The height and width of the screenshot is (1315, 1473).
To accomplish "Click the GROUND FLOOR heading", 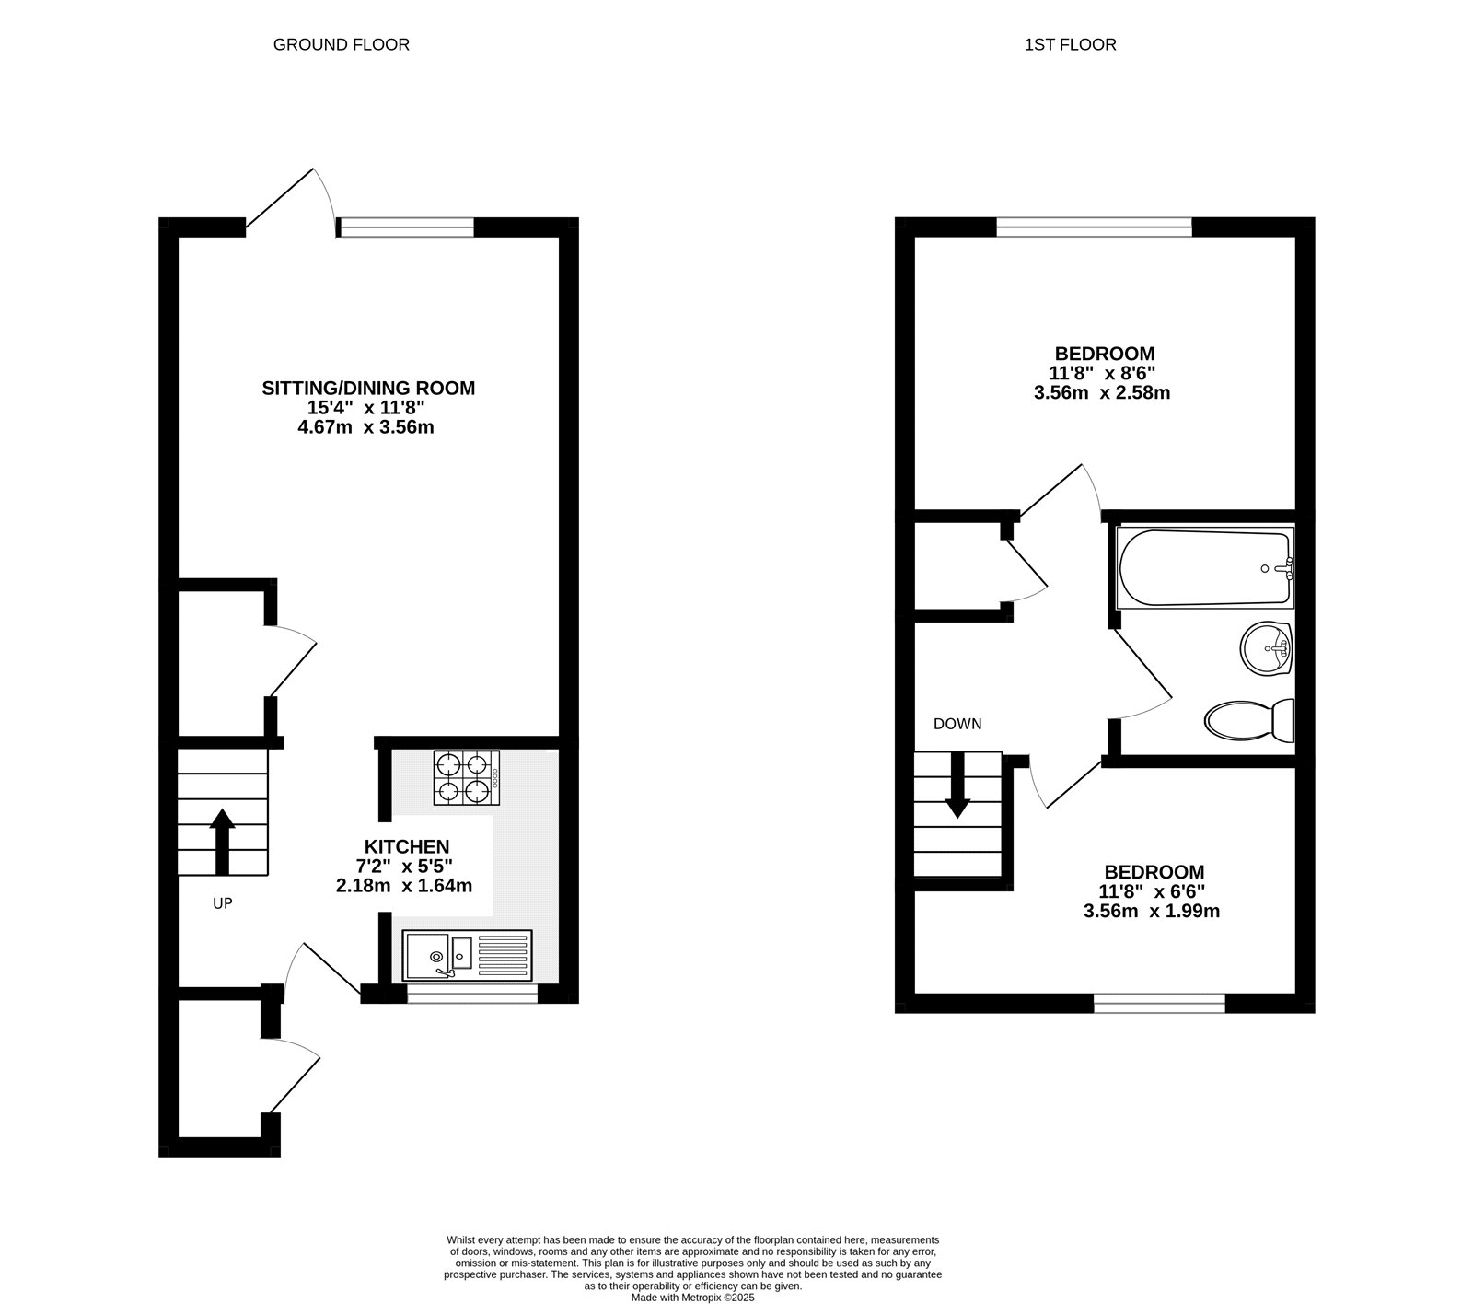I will coord(341,44).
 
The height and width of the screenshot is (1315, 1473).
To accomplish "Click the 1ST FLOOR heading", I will coord(1070,44).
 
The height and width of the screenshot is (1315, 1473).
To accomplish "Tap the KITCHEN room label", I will coord(407,846).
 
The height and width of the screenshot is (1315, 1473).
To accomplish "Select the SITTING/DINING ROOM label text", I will coord(368,388).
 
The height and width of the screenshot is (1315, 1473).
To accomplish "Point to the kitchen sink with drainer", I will coord(467,954).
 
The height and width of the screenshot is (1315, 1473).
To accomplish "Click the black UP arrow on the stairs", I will coord(222,840).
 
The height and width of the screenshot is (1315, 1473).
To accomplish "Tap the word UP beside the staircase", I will coord(223,903).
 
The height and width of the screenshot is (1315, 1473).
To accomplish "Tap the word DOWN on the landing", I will coord(957,724).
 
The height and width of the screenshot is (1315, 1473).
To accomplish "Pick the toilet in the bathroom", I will coord(1249,720).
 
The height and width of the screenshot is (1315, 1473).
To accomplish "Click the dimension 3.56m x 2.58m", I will coord(1102,393).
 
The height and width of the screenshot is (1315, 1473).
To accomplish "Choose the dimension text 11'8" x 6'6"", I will coord(1152,891).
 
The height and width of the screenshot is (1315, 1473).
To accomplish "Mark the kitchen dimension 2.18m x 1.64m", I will coord(404,886).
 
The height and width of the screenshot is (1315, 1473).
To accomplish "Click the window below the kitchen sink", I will coord(472,994).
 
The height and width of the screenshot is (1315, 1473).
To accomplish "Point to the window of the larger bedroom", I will coord(1094,226).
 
